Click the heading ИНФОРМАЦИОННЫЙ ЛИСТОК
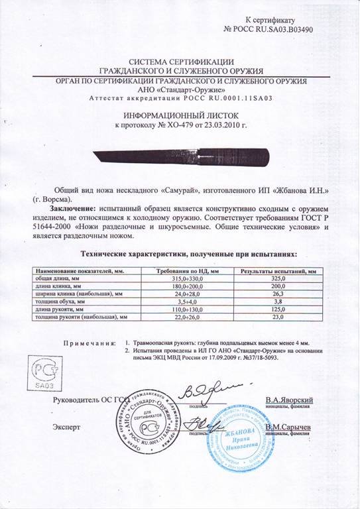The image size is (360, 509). click(180, 114)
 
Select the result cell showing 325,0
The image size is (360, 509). click(278, 279)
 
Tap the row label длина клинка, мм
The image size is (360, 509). click(64, 286)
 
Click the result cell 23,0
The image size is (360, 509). click(278, 317)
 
